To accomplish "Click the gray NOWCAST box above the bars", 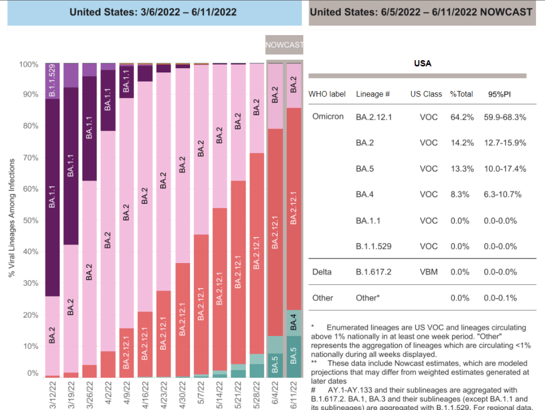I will (x=284, y=45).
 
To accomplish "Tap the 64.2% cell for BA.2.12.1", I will (x=461, y=117).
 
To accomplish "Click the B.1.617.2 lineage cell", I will (x=374, y=272).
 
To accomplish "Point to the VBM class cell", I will (x=428, y=272).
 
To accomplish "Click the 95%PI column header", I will (x=500, y=94).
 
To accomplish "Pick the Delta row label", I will (x=321, y=272).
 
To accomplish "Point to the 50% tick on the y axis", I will (x=29, y=220).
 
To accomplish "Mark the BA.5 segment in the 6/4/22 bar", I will (x=275, y=365).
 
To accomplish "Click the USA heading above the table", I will (x=423, y=63).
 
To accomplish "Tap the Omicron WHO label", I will (x=327, y=117).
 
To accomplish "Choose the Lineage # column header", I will (x=373, y=94).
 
